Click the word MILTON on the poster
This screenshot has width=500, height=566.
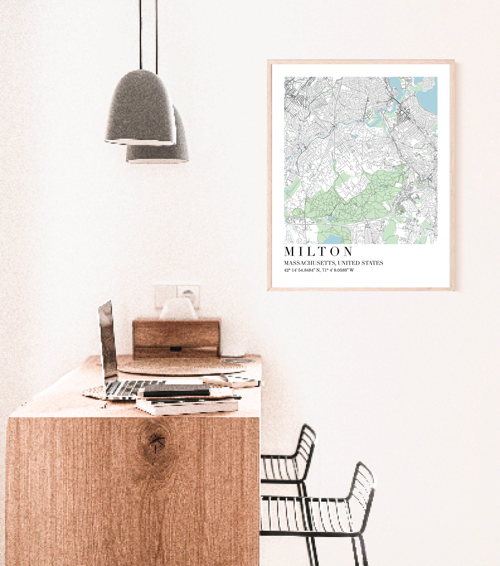(319, 251)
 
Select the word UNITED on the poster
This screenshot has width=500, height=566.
(350, 263)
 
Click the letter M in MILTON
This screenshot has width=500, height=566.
(289, 251)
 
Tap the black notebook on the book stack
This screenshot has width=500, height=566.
(176, 391)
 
